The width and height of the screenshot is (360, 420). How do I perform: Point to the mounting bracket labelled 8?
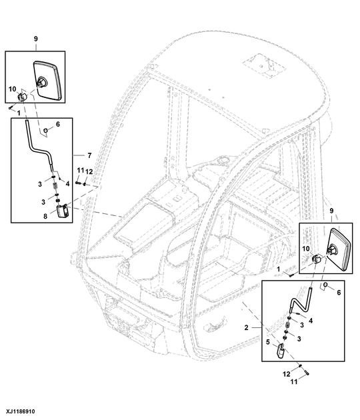63,212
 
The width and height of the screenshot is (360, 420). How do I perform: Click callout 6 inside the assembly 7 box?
58,125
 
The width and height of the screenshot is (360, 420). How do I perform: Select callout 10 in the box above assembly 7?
12,88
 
